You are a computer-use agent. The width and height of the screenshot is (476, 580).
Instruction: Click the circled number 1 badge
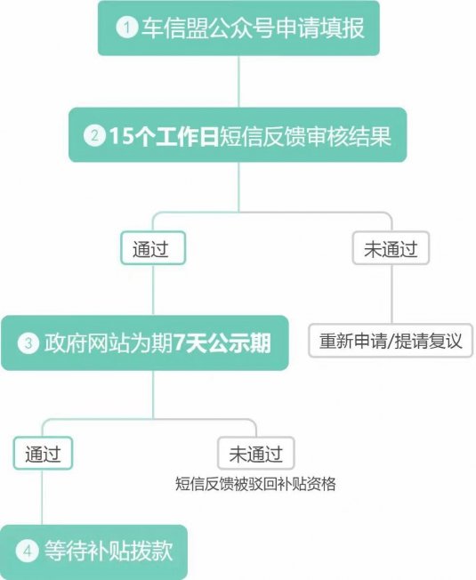(127, 27)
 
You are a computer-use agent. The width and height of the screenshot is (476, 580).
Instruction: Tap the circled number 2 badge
(94, 136)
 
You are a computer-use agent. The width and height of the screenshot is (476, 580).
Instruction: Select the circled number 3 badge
(28, 342)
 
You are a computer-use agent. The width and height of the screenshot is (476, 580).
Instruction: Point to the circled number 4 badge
(27, 552)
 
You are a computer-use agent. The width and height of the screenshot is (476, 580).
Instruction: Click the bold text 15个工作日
(164, 136)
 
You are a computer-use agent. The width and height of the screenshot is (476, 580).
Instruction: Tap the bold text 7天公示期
(222, 342)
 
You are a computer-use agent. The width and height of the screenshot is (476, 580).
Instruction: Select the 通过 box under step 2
(153, 248)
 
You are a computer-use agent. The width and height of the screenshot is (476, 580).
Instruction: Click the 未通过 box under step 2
(391, 248)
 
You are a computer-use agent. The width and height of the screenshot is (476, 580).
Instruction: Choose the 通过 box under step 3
(43, 454)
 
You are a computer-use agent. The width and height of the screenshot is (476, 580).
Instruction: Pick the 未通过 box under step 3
(256, 454)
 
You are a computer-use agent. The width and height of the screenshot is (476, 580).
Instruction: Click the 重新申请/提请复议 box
(391, 341)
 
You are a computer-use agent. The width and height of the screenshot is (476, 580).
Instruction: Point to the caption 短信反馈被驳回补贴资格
(255, 484)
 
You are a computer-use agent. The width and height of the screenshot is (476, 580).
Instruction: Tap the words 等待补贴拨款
(109, 552)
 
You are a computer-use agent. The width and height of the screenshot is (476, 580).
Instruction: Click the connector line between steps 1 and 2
(238, 82)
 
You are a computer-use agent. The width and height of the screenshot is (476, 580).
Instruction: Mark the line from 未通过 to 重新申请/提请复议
(391, 294)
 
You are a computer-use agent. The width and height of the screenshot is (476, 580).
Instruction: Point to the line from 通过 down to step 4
(42, 497)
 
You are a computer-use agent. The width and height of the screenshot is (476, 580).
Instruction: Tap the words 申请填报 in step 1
(320, 28)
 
